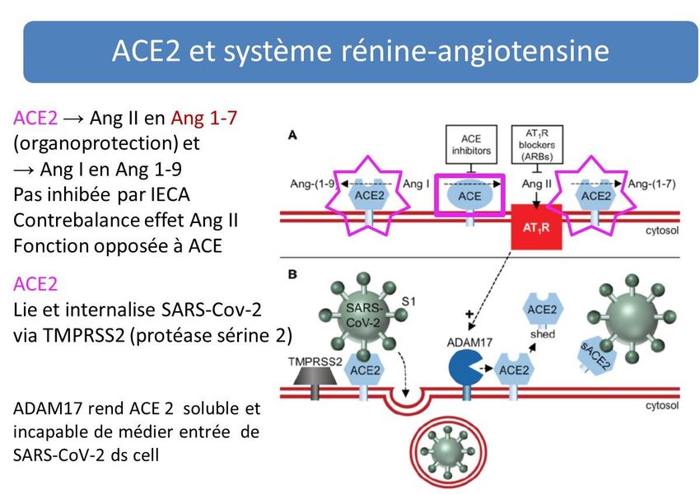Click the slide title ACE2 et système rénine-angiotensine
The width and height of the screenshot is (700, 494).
click(x=360, y=52)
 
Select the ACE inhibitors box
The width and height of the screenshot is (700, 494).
click(x=470, y=145)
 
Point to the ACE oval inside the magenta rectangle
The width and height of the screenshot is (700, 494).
click(x=469, y=196)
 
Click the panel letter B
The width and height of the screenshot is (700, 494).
click(x=292, y=272)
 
